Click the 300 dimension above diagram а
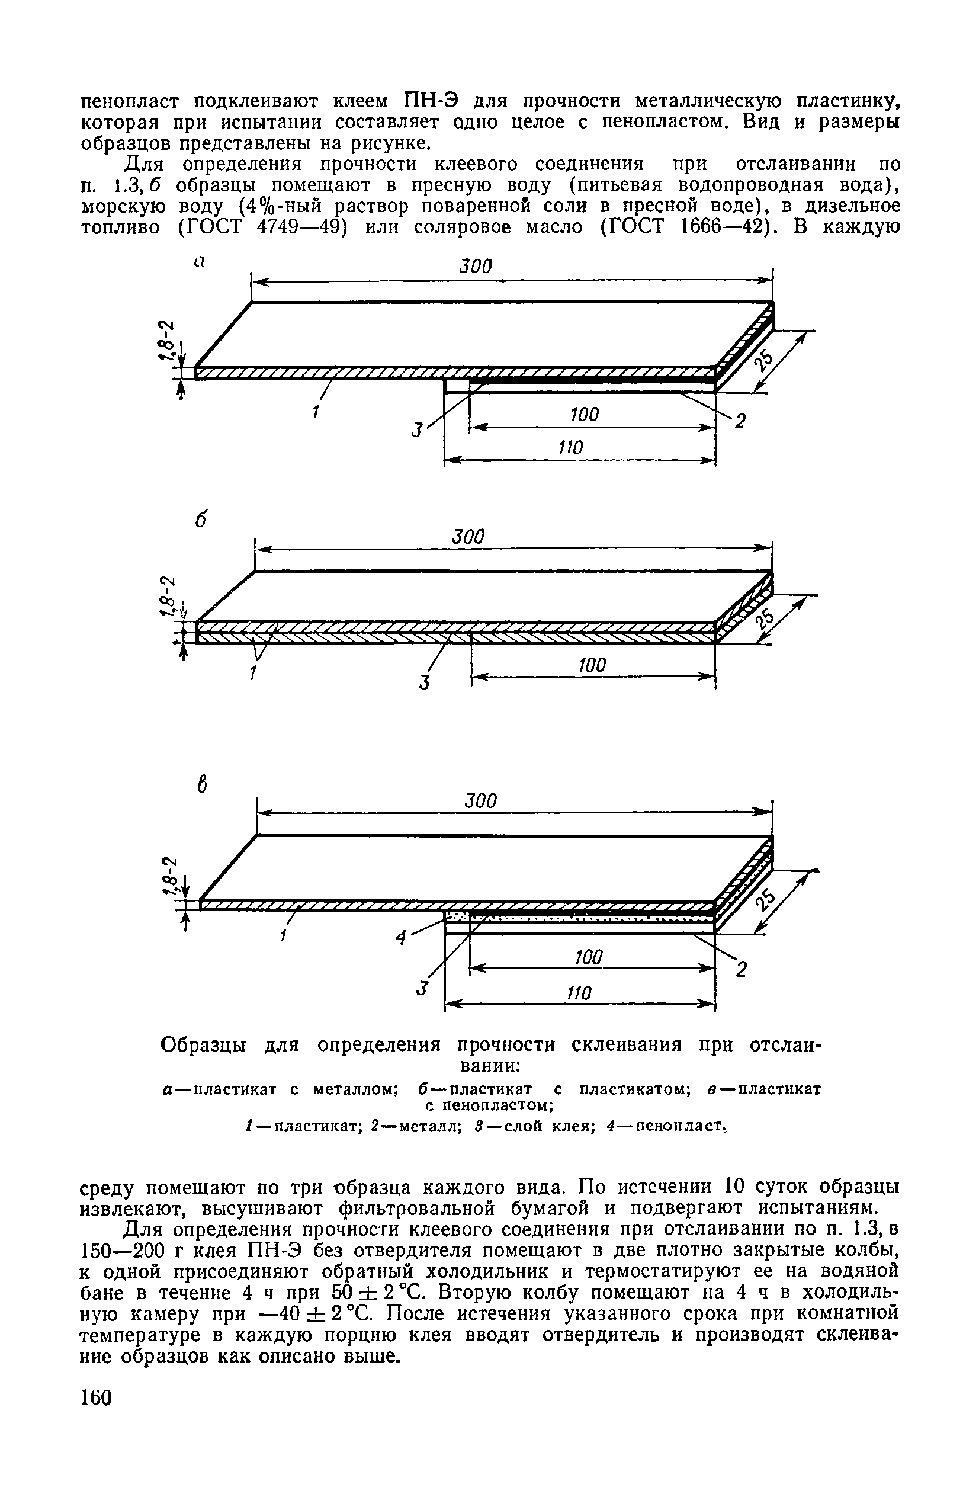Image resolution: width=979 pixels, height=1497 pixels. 476,266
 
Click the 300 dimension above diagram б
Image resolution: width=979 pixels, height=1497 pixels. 469,537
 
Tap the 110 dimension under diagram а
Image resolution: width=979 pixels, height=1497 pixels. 571,448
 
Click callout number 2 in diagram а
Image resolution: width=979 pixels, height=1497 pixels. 740,421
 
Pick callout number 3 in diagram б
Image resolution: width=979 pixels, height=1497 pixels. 425,682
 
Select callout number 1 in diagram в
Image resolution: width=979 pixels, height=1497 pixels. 284,936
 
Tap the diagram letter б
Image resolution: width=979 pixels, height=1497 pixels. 201,521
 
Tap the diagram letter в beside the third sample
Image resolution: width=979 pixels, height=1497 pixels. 202,784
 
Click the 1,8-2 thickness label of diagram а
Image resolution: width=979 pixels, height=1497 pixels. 166,341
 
